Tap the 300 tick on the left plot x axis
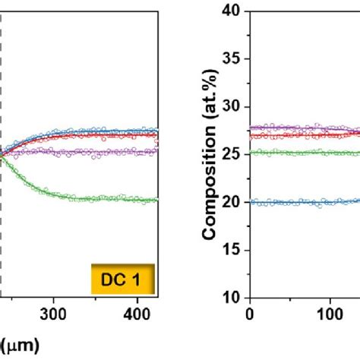coord(53,311)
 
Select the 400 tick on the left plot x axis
coord(137,311)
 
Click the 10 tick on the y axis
coord(232,297)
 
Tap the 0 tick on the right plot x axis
coord(250,311)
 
